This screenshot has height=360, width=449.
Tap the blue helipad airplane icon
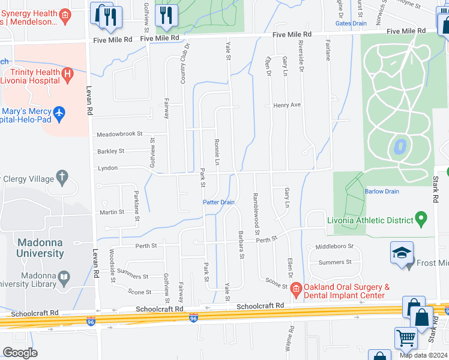click(x=58, y=113)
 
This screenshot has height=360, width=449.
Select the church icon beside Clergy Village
click(x=62, y=177)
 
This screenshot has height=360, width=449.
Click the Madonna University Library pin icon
click(x=64, y=278)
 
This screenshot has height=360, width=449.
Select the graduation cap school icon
click(x=401, y=253)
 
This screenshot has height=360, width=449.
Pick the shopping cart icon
click(x=406, y=338)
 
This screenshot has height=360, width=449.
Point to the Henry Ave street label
click(x=286, y=104)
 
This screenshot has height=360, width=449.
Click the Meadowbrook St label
click(x=120, y=134)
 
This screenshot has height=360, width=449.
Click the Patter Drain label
click(x=218, y=202)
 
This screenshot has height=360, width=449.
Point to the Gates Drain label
click(x=351, y=23)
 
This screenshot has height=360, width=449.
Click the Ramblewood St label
click(x=256, y=213)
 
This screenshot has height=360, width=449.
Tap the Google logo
click(x=20, y=353)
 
